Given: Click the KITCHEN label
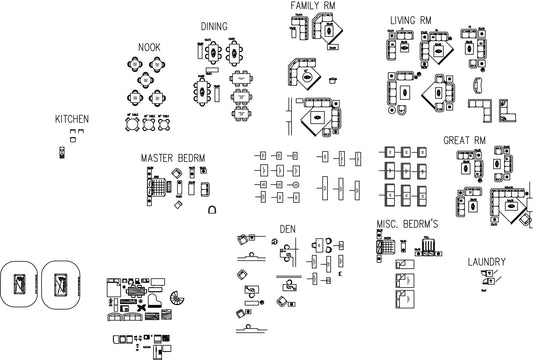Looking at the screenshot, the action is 72,119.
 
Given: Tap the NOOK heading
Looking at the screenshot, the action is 149,47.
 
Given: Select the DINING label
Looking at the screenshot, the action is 214,26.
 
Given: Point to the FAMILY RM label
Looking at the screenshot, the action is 313,5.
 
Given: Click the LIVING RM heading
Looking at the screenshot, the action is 411,20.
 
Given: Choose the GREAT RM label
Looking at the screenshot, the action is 464,140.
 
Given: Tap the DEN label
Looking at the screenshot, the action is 288,229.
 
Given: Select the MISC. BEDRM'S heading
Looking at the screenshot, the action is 407,224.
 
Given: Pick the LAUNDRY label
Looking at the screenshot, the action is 486,262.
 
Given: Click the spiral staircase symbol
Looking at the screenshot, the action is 177,298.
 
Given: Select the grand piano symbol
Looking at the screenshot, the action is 155,301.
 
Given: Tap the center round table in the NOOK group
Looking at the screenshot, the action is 146,80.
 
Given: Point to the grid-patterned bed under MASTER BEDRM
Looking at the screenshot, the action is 158,187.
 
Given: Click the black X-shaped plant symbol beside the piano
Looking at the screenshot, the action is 142,307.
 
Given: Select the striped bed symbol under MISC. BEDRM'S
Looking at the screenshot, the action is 428,245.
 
